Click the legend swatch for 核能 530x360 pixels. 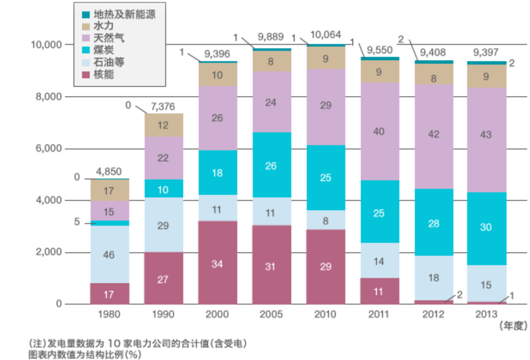click(x=86, y=75)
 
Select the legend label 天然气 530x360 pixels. click(x=109, y=38)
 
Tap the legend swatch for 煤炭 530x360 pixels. click(x=86, y=50)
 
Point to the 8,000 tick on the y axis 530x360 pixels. click(x=49, y=97)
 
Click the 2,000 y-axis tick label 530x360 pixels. click(x=49, y=252)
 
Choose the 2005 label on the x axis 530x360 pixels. click(x=271, y=314)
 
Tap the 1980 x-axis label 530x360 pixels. click(x=109, y=314)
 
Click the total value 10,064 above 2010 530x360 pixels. click(x=325, y=35)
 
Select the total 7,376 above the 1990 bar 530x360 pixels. click(x=163, y=107)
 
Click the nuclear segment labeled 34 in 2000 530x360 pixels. click(x=218, y=263)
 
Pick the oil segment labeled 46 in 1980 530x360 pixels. click(x=110, y=254)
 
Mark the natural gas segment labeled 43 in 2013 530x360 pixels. click(x=487, y=140)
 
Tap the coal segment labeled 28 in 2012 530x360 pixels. click(x=434, y=222)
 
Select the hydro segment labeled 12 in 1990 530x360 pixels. click(x=164, y=125)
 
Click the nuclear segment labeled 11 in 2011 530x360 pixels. click(x=380, y=291)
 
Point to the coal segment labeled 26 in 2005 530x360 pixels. click(x=272, y=165)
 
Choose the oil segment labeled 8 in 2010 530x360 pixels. click(x=326, y=220)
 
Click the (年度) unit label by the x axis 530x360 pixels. click(x=513, y=326)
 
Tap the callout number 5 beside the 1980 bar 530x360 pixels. click(x=77, y=222)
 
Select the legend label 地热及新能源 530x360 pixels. click(x=125, y=14)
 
